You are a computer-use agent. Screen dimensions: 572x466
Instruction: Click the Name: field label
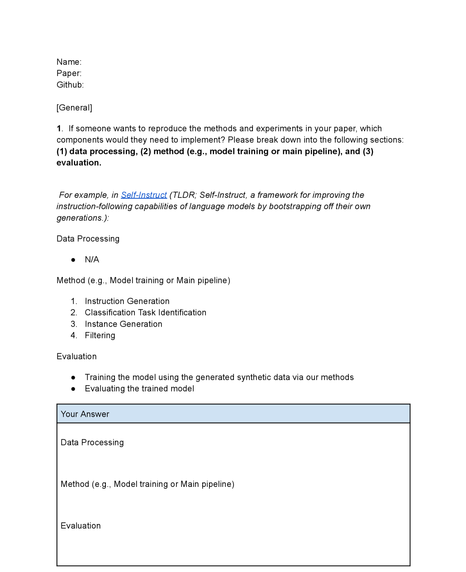[69, 62]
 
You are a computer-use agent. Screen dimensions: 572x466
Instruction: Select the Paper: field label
[69, 73]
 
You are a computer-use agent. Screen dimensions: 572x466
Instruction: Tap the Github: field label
[70, 85]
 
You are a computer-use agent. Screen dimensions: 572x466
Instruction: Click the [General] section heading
[74, 108]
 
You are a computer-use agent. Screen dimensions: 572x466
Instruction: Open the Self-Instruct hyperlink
[144, 195]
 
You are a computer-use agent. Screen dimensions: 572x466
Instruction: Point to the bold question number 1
[59, 129]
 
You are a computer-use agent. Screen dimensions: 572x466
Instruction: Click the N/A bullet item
[92, 260]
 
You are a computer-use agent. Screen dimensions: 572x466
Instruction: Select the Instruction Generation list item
[127, 301]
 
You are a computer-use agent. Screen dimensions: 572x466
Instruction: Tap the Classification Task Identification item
[145, 313]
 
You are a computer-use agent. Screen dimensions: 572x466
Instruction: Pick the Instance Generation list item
[124, 324]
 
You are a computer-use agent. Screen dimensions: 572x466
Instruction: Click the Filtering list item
[100, 335]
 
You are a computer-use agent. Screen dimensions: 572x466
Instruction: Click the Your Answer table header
[85, 414]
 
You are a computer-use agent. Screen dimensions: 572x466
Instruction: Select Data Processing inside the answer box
[92, 443]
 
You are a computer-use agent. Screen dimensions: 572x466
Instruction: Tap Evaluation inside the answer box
[81, 526]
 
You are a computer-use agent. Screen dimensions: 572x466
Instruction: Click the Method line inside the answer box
[147, 484]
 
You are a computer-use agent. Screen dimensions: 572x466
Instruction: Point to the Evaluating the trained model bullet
[139, 389]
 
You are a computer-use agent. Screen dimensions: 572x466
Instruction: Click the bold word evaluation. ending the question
[79, 163]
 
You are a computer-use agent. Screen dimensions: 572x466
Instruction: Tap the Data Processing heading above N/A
[88, 239]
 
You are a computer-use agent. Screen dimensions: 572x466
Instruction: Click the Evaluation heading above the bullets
[76, 357]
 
